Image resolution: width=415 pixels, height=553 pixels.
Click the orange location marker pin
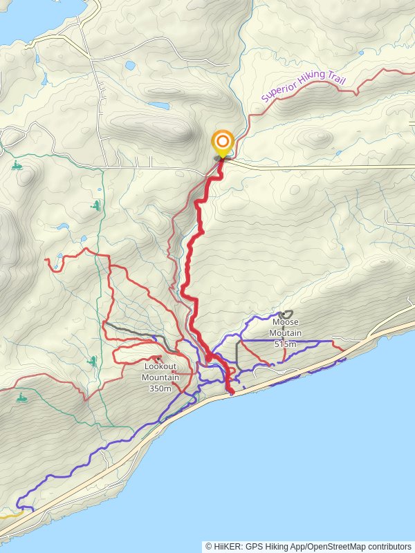pyautogui.click(x=223, y=144)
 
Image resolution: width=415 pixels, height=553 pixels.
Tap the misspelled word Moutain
pyautogui.click(x=285, y=332)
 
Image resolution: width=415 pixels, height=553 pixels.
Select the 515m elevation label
pyautogui.click(x=285, y=344)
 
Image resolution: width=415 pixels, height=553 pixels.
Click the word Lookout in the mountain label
pyautogui.click(x=160, y=367)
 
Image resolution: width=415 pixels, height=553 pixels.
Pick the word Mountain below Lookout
pyautogui.click(x=160, y=377)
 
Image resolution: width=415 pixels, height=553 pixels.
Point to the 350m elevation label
pyautogui.click(x=160, y=388)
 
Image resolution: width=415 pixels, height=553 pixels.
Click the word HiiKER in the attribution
pyautogui.click(x=228, y=546)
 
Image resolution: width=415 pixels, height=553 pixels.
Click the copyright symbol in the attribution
pyautogui.click(x=208, y=546)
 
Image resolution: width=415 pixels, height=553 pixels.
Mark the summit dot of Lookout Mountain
pyautogui.click(x=158, y=358)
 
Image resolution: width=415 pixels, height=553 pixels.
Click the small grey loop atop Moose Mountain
pyautogui.click(x=286, y=314)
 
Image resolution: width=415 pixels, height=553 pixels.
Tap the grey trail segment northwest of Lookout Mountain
pyautogui.click(x=135, y=330)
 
